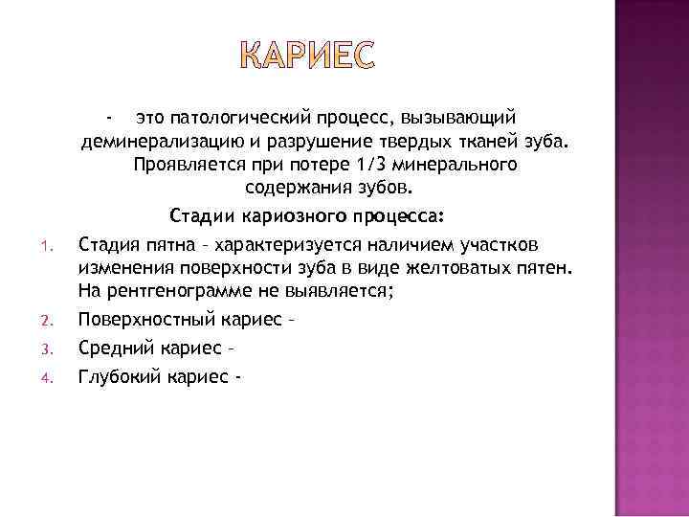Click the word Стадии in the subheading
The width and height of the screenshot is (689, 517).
click(202, 213)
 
